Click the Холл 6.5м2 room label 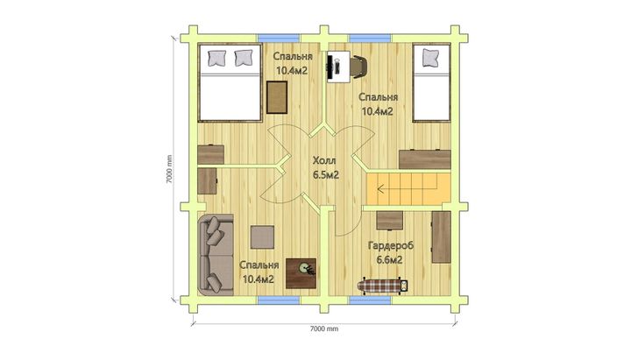point(325,167)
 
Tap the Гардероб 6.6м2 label point(390,252)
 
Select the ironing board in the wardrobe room point(384,286)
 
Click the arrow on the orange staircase point(408,187)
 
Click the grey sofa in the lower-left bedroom point(216,255)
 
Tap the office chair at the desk point(358,67)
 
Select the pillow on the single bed point(430,57)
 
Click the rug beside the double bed point(277,97)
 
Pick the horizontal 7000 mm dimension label point(324,328)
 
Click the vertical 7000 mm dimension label point(169,169)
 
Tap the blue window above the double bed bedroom point(279,38)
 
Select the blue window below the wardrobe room point(370,300)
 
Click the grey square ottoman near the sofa point(262,237)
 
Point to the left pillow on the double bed point(216,58)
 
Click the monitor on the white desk point(330,67)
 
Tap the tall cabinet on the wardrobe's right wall point(441,236)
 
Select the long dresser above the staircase point(424,159)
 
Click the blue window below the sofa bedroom point(279,300)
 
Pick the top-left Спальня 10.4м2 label point(293,64)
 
